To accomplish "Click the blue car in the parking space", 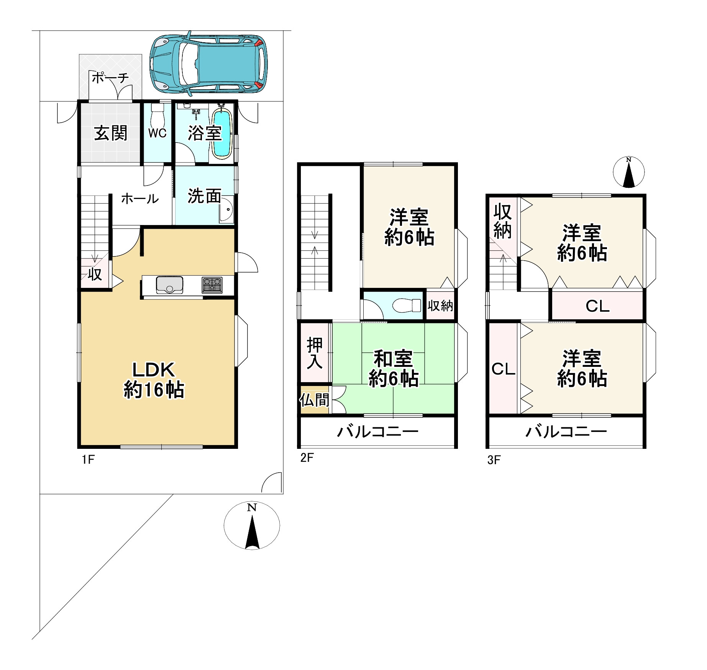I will coord(209,64).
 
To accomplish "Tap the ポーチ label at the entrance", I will coord(110,78).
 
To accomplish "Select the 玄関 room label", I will coord(110,133).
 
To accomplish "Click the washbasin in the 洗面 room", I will coord(227,210).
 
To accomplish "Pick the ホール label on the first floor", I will coord(140,199).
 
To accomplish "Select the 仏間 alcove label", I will coord(314,400).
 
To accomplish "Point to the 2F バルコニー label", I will coord(377,432).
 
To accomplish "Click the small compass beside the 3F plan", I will coord(628,172).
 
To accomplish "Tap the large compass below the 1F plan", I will coord(252,525).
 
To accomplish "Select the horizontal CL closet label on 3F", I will coord(597,306).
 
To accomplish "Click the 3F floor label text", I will coord(494,460).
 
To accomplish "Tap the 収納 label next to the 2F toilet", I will coord(440,305).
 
